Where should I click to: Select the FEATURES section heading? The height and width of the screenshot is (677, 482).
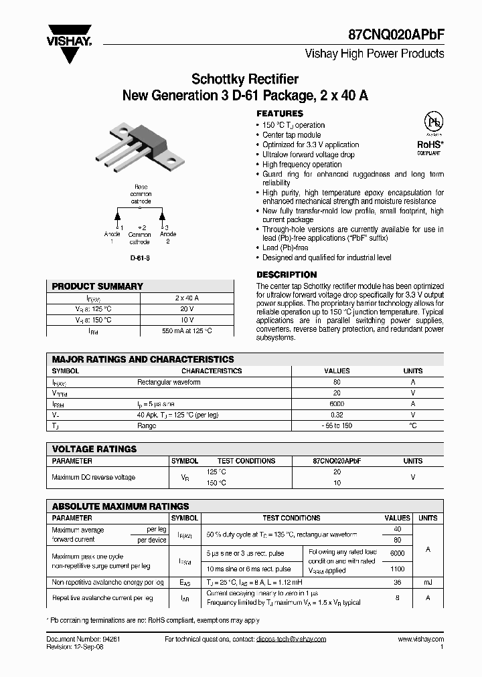pyautogui.click(x=280, y=114)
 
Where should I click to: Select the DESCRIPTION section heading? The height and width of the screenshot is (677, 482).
pyautogui.click(x=287, y=274)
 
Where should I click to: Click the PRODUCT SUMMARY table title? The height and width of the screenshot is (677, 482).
pyautogui.click(x=98, y=286)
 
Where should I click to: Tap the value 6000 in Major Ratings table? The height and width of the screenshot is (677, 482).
pyautogui.click(x=337, y=404)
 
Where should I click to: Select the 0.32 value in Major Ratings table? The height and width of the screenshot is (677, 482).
pyautogui.click(x=337, y=415)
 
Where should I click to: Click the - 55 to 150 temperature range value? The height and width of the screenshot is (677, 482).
pyautogui.click(x=337, y=425)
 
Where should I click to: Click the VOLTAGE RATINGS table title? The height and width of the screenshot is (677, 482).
pyautogui.click(x=94, y=449)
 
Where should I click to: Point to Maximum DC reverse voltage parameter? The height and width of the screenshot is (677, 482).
pyautogui.click(x=94, y=477)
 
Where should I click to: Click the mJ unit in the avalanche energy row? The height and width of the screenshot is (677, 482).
pyautogui.click(x=428, y=583)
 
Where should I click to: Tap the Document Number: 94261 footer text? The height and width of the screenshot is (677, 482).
pyautogui.click(x=83, y=640)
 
